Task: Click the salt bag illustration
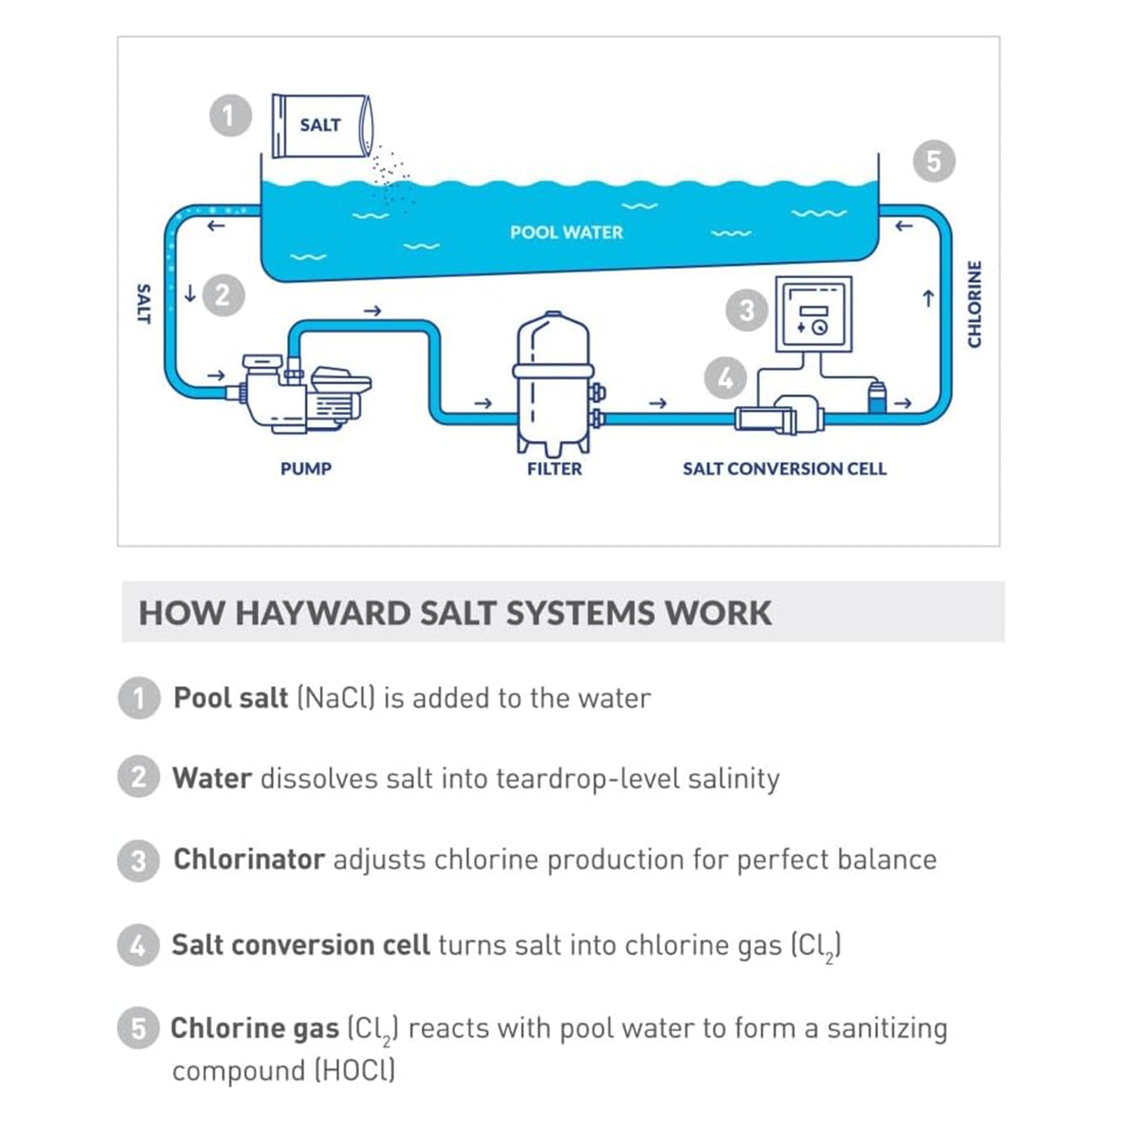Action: [x=321, y=126]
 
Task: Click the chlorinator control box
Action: [x=813, y=314]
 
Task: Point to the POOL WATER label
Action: [x=566, y=232]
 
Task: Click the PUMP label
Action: [x=306, y=468]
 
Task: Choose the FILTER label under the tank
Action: [x=554, y=468]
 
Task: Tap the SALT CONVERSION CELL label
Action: [x=784, y=468]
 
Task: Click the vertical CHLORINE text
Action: [x=974, y=304]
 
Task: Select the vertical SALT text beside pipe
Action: [x=143, y=304]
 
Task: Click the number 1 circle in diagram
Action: [x=230, y=116]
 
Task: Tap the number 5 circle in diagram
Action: [x=933, y=161]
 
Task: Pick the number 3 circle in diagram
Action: [x=746, y=310]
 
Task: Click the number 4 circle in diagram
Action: [x=725, y=379]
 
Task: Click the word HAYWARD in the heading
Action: [x=323, y=613]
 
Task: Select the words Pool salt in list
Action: [x=231, y=698]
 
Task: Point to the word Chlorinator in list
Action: [x=249, y=860]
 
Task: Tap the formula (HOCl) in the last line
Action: [x=354, y=1071]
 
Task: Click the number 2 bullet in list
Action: [x=138, y=777]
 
